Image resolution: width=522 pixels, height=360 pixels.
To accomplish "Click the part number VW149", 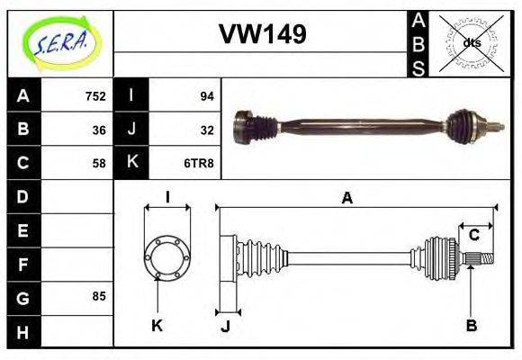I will pos(263,35).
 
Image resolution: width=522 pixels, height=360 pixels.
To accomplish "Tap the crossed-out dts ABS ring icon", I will pos(471,42).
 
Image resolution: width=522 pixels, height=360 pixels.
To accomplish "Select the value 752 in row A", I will pos(94,96).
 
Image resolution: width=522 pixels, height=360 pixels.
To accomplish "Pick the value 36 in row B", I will pos(98,130).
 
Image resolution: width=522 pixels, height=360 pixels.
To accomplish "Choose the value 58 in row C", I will pos(98,163).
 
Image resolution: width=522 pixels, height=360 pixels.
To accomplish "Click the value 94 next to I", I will pos(206,96).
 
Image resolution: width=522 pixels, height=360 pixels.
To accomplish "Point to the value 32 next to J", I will pos(206,130).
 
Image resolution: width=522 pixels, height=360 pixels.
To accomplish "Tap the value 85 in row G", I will pos(98,296).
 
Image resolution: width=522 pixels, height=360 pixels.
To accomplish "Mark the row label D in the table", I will pos(22,196).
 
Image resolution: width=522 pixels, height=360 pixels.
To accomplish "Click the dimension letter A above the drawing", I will pos(346,198).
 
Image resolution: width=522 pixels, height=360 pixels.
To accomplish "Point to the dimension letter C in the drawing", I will pos(473,236).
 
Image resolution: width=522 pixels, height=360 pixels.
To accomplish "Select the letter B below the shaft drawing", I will pos(471,325).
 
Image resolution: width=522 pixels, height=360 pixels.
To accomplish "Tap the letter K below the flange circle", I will pos(157,325).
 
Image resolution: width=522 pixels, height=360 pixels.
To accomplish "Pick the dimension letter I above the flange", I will pos(167,196).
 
